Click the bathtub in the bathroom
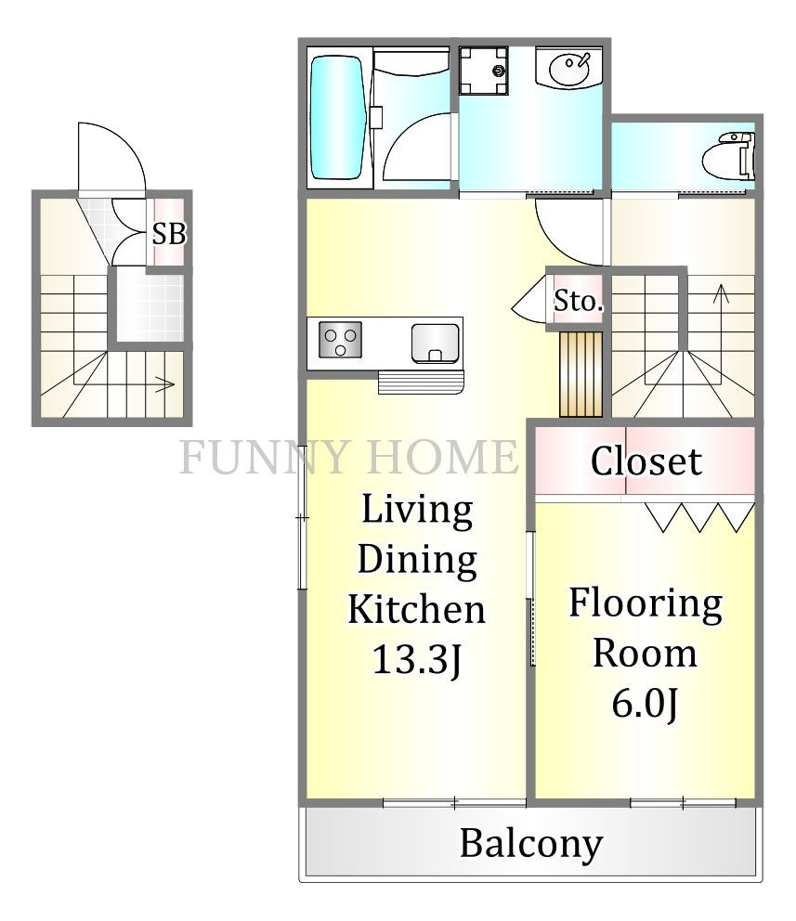(337, 118)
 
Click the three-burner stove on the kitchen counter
(340, 340)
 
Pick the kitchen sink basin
(436, 343)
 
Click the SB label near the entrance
(169, 234)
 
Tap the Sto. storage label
(579, 302)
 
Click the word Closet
(646, 460)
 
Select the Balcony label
(531, 844)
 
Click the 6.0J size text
(646, 703)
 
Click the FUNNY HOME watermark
(349, 457)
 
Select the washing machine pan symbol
(483, 71)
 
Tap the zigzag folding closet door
(699, 517)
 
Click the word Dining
(417, 559)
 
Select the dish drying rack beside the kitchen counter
(421, 382)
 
